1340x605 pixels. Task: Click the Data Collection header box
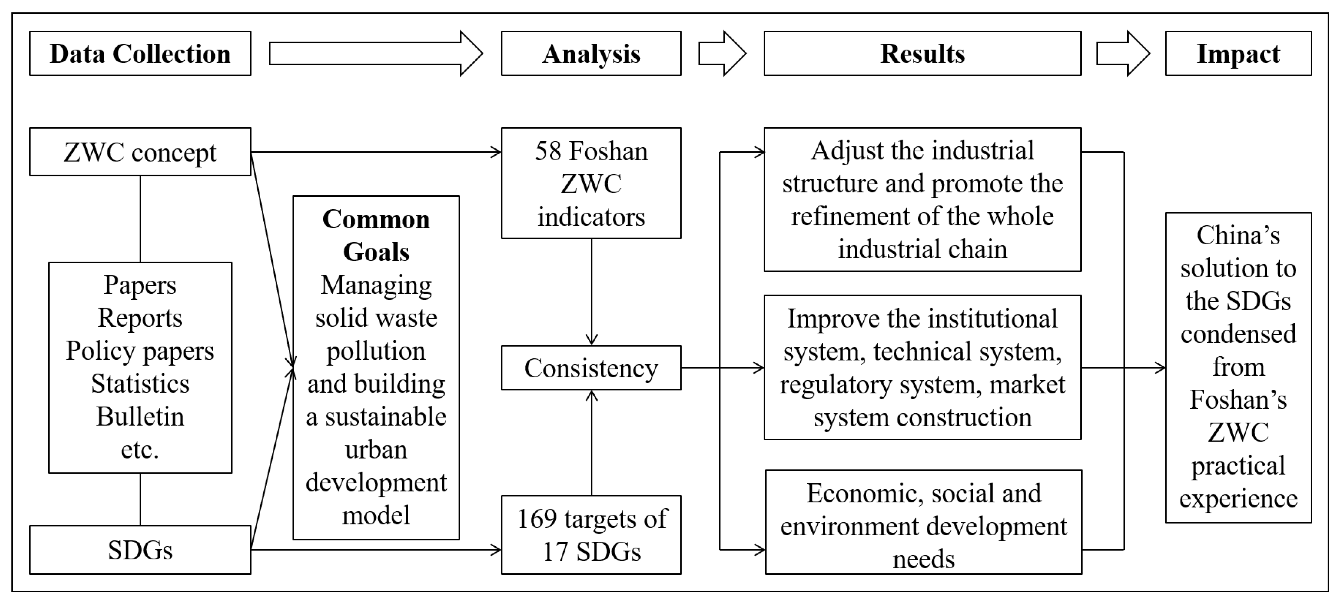pyautogui.click(x=140, y=53)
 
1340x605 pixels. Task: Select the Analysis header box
pyautogui.click(x=591, y=53)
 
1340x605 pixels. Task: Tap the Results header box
pyautogui.click(x=922, y=53)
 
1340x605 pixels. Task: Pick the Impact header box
pyautogui.click(x=1238, y=53)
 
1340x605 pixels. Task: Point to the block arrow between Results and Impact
pyautogui.click(x=1122, y=53)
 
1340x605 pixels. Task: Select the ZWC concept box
pyautogui.click(x=140, y=152)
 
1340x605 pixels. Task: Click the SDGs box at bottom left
pyautogui.click(x=140, y=550)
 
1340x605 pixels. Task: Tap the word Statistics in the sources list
pyautogui.click(x=140, y=384)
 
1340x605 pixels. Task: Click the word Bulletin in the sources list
pyautogui.click(x=140, y=417)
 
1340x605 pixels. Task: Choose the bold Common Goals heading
pyautogui.click(x=376, y=235)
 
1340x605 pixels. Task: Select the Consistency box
pyautogui.click(x=591, y=368)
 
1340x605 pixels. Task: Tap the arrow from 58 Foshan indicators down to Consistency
pyautogui.click(x=591, y=291)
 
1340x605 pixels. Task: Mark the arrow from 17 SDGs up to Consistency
pyautogui.click(x=591, y=442)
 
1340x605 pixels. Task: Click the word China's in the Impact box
pyautogui.click(x=1238, y=235)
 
